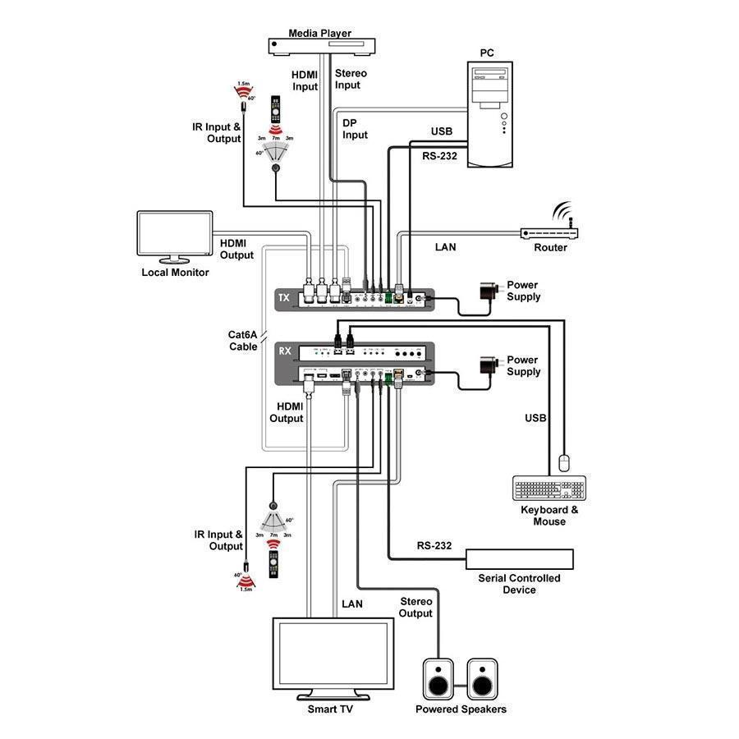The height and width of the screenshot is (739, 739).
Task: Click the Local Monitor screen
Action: click(x=175, y=236)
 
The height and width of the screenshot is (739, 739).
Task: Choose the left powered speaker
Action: click(x=439, y=679)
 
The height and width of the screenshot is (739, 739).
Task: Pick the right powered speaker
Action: click(x=483, y=679)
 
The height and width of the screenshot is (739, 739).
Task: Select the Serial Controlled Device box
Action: click(x=519, y=559)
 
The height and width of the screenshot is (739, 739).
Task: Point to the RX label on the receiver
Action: click(x=285, y=351)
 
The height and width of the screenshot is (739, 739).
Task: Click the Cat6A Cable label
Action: click(x=244, y=340)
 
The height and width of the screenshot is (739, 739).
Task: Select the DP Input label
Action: click(x=355, y=129)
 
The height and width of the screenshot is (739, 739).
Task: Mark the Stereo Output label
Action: click(x=415, y=608)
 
